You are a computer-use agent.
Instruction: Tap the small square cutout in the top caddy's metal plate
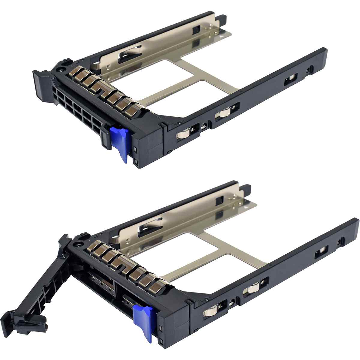click(x=196, y=30)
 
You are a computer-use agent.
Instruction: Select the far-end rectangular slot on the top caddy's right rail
click(x=290, y=79)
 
